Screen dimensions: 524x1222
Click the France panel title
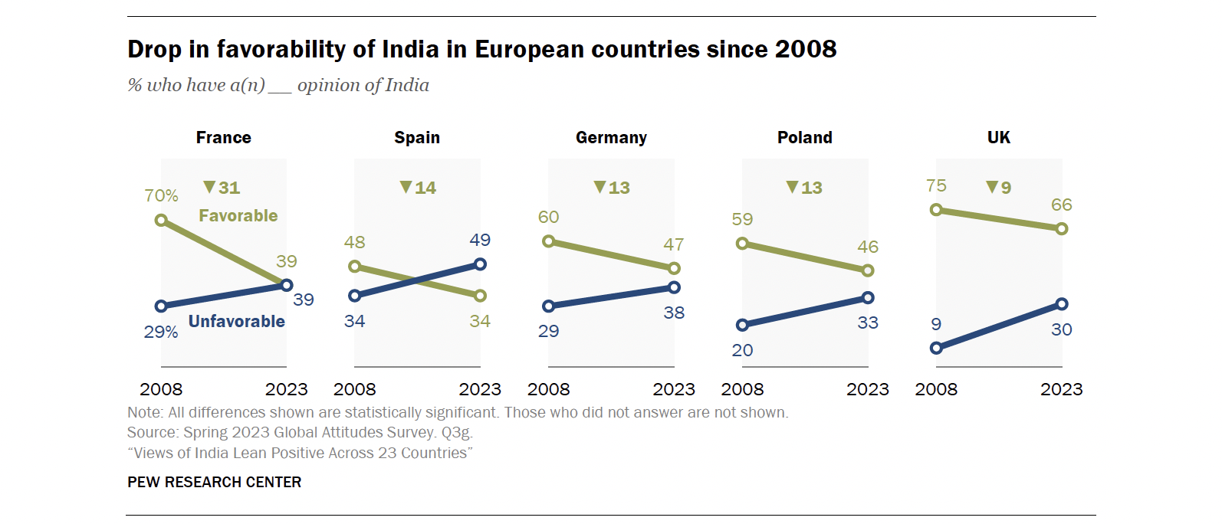pyautogui.click(x=223, y=138)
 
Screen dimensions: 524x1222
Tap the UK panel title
pyautogui.click(x=998, y=138)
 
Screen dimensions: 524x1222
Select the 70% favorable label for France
pyautogui.click(x=161, y=196)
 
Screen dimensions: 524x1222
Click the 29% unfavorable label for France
pyautogui.click(x=161, y=332)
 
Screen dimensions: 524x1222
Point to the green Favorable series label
pyautogui.click(x=238, y=216)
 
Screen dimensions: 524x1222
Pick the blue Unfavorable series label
pyautogui.click(x=236, y=322)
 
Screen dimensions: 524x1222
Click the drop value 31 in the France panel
pyautogui.click(x=228, y=188)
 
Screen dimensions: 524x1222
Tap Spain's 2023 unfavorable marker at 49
pyautogui.click(x=480, y=264)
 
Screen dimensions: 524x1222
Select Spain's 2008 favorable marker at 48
pyautogui.click(x=354, y=267)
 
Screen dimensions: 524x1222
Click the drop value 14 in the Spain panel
pyautogui.click(x=425, y=188)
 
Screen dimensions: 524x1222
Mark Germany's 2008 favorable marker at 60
pyautogui.click(x=548, y=241)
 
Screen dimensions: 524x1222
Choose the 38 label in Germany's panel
pyautogui.click(x=674, y=313)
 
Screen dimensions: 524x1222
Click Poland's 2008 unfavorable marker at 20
pyautogui.click(x=742, y=325)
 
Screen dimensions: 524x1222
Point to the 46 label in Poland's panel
pyautogui.click(x=868, y=247)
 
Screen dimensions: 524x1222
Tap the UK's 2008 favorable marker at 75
pyautogui.click(x=936, y=210)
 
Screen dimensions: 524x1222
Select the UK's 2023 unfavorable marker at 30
pyautogui.click(x=1062, y=304)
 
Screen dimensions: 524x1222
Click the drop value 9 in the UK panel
pyautogui.click(x=1005, y=188)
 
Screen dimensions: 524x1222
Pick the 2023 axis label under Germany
pyautogui.click(x=674, y=389)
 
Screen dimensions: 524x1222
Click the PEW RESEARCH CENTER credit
pyautogui.click(x=215, y=482)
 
